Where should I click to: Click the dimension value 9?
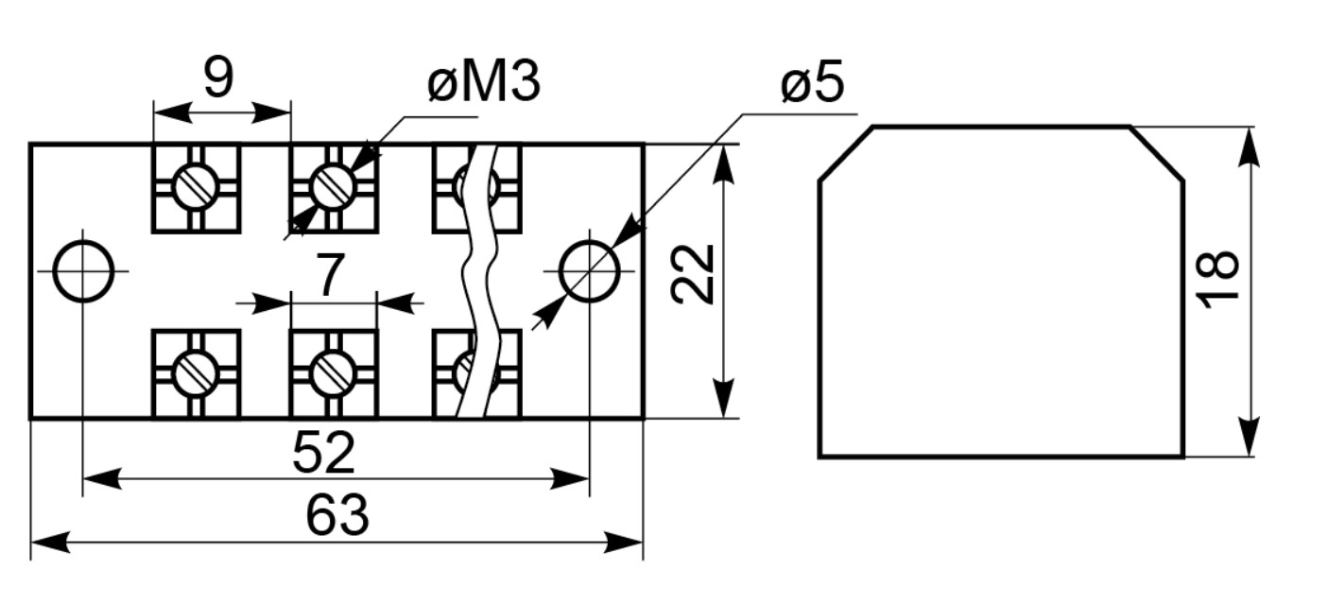click(x=218, y=78)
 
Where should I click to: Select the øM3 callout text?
click(x=483, y=83)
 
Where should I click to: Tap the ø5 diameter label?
click(x=812, y=84)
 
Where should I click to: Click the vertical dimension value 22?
click(x=692, y=274)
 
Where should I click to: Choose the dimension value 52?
click(x=323, y=453)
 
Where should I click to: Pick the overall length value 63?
click(x=337, y=516)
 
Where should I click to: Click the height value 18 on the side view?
click(x=1217, y=280)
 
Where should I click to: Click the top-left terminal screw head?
click(x=196, y=187)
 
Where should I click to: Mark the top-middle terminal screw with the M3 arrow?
click(x=334, y=187)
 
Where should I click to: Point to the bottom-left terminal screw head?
click(x=196, y=373)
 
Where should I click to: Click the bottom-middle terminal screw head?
click(x=334, y=373)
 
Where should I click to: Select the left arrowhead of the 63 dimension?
click(x=50, y=543)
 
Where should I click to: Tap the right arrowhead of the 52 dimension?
click(x=570, y=478)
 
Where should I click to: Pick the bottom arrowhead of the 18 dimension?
click(x=1250, y=437)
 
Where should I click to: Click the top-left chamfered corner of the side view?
click(x=846, y=153)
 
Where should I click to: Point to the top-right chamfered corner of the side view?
click(x=1157, y=153)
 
